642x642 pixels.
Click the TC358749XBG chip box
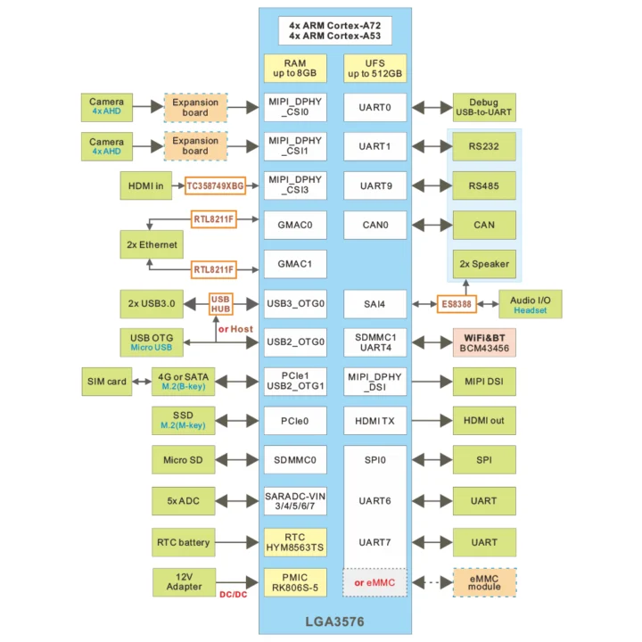coord(215,186)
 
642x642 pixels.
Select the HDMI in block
coord(146,186)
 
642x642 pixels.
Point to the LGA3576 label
coord(335,621)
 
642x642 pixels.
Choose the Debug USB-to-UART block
coord(484,108)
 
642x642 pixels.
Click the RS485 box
coord(484,186)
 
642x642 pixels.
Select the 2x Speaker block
coord(484,264)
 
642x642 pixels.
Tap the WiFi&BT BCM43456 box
coord(484,343)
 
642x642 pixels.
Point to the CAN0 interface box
coord(374,225)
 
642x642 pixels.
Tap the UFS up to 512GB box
coord(374,68)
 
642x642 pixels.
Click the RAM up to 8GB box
coord(295,68)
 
